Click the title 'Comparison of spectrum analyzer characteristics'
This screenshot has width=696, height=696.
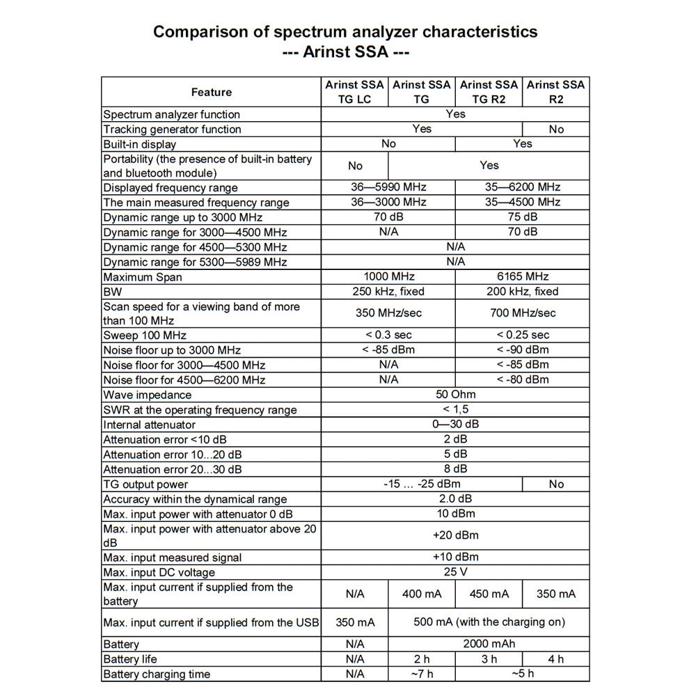point(345,32)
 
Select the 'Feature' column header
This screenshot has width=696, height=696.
point(211,92)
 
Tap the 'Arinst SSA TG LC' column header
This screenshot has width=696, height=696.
point(354,92)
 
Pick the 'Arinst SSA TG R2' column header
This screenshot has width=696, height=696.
point(489,92)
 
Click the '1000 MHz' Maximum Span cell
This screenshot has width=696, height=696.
point(388,277)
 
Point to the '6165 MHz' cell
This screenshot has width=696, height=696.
point(522,277)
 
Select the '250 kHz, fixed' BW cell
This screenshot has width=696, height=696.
point(388,292)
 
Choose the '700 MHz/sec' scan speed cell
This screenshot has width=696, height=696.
point(523,313)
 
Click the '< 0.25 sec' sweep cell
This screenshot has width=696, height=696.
point(523,335)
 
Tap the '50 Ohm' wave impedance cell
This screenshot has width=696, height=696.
point(455,395)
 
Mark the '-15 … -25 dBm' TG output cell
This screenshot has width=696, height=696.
point(422,484)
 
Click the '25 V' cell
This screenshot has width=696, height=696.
point(455,572)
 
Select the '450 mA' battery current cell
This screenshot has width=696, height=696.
point(489,594)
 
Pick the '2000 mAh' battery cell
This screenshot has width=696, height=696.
point(489,644)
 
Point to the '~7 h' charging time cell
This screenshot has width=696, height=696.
point(422,674)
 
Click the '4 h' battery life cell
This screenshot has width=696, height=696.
point(556,659)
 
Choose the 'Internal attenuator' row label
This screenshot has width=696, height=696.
point(149,425)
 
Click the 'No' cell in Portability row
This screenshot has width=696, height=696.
point(355,166)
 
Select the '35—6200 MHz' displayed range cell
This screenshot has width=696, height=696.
point(523,187)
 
